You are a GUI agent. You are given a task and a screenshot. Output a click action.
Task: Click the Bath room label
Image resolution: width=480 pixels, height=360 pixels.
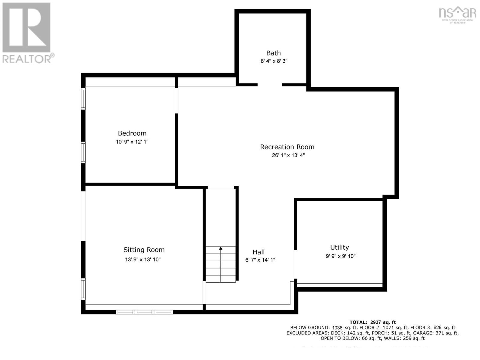tap(273, 53)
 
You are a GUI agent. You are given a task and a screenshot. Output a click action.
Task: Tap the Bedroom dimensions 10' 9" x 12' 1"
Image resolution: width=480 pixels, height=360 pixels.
tap(132, 142)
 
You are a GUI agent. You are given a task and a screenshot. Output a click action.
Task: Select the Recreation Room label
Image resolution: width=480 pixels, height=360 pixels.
tap(287, 147)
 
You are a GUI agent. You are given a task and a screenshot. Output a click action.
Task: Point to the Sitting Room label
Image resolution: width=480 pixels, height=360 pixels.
tap(144, 250)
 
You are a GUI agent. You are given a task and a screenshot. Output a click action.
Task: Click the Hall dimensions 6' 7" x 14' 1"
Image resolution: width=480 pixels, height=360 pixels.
tap(260, 260)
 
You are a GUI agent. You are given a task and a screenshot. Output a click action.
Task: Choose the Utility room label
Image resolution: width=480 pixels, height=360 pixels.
tap(339, 247)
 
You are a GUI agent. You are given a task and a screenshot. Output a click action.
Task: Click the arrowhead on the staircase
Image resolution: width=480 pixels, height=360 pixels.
tap(220, 248)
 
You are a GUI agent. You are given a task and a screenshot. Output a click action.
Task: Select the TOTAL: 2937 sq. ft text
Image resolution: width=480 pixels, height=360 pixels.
tap(372, 322)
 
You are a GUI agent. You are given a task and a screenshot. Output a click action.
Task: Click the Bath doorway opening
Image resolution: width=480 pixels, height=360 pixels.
tap(270, 85)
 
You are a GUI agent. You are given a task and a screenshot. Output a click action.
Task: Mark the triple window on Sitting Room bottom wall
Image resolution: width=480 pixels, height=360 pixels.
tap(144, 312)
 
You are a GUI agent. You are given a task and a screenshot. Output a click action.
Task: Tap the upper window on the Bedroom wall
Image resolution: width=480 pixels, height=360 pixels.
tap(83, 98)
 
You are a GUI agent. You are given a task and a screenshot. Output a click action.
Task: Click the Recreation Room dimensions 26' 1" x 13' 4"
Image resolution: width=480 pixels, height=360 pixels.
tap(288, 155)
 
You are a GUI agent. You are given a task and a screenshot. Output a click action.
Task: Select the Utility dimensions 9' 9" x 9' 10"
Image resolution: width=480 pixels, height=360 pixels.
tap(340, 256)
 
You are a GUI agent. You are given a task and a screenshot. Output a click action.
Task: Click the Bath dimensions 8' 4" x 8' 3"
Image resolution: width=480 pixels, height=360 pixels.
tap(274, 61)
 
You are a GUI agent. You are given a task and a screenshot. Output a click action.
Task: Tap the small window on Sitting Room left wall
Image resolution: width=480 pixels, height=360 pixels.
tap(83, 289)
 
